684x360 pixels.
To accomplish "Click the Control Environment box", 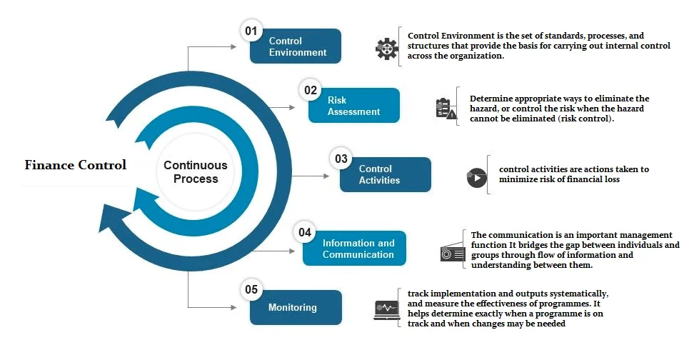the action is [296, 46].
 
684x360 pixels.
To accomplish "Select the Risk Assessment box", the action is [353, 106].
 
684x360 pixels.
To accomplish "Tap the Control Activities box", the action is [385, 174].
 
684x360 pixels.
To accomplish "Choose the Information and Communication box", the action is [354, 249].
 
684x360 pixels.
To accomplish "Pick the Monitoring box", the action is [296, 307].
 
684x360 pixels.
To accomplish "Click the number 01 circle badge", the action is [251, 31].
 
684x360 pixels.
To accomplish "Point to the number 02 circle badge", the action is [310, 90].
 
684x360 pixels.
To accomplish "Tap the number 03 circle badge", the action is [341, 159].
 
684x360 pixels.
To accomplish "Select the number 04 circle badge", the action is [304, 232].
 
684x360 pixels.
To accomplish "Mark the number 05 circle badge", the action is [251, 289].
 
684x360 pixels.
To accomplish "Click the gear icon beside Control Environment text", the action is [386, 49].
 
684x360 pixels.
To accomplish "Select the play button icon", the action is [476, 178].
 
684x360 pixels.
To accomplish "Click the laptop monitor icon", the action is [386, 310].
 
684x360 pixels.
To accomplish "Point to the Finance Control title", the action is [76, 165].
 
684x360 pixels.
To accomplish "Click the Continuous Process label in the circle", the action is [196, 172].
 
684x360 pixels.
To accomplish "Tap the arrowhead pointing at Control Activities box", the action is [326, 176].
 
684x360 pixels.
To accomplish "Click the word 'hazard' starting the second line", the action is [484, 109].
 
